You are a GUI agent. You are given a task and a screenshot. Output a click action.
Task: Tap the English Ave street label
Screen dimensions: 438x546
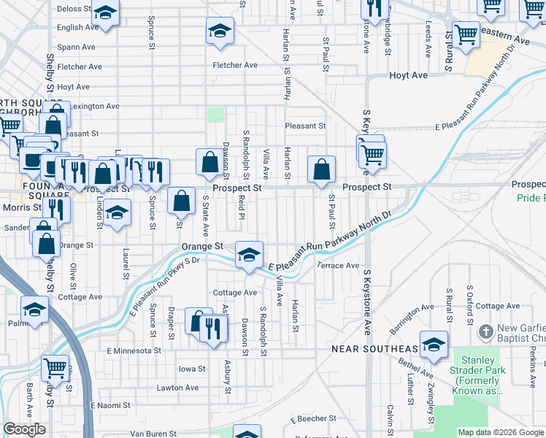click(x=77, y=28)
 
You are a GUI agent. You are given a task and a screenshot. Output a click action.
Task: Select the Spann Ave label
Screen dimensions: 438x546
click(x=76, y=47)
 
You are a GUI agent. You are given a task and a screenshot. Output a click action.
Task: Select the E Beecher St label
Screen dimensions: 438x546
click(x=312, y=420)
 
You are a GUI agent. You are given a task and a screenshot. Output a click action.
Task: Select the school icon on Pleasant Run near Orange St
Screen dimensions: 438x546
click(x=250, y=255)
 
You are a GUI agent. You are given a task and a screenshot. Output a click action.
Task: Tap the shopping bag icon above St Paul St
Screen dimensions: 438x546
click(x=321, y=170)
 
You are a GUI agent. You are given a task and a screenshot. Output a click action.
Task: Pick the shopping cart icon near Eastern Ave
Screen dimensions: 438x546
click(x=465, y=34)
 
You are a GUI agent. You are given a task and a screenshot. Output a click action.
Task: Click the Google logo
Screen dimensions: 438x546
click(x=24, y=430)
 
